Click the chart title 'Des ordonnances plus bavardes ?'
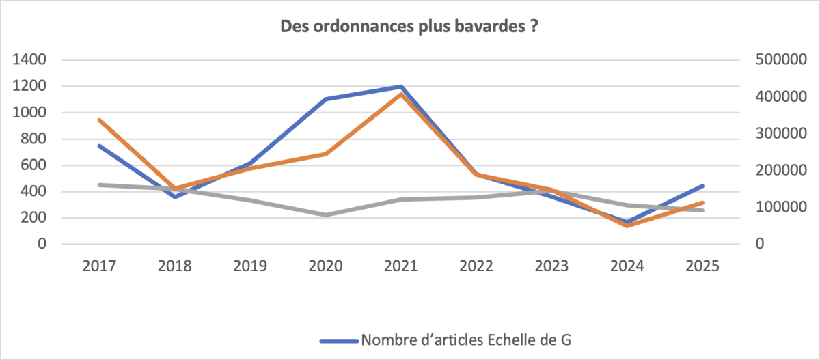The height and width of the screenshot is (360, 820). click(409, 27)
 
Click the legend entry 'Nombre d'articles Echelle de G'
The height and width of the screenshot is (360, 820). click(446, 340)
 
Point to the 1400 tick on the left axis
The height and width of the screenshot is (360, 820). click(29, 59)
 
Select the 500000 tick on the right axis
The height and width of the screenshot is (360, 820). click(781, 59)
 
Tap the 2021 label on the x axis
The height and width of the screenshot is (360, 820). click(401, 266)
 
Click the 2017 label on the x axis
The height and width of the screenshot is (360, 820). click(99, 266)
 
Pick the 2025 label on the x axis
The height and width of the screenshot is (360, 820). click(702, 266)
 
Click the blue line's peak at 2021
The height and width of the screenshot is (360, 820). click(401, 87)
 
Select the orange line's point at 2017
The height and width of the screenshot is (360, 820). click(100, 120)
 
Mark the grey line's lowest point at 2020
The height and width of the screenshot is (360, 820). click(325, 214)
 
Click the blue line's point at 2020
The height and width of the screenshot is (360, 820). click(325, 99)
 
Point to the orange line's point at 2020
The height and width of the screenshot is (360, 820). click(325, 154)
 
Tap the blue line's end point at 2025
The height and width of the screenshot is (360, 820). click(702, 186)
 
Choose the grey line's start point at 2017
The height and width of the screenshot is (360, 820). click(100, 184)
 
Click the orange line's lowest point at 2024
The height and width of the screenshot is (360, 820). click(627, 225)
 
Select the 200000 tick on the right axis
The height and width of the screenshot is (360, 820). click(781, 170)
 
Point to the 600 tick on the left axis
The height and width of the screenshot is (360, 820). click(33, 165)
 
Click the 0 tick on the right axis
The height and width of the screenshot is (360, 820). click(760, 244)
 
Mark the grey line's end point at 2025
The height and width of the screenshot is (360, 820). click(702, 210)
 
